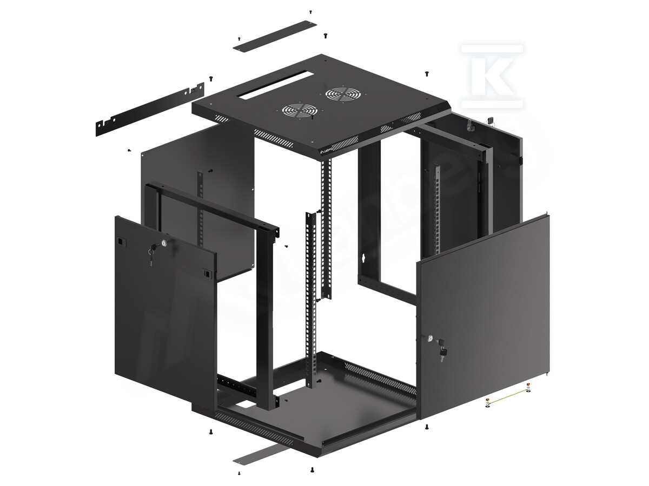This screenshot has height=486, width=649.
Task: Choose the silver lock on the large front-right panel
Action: [x=431, y=339]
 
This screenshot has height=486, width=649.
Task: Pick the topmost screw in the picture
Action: [x=310, y=11]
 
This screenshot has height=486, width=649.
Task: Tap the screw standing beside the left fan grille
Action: [x=313, y=115]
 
